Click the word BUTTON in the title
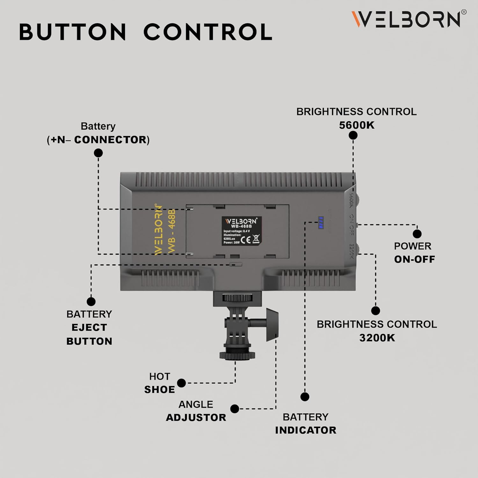(x=73, y=32)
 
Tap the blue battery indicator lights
(x=321, y=223)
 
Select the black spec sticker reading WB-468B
(x=242, y=231)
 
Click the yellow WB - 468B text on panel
(x=172, y=231)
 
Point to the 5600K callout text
(x=357, y=125)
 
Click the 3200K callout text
(x=377, y=338)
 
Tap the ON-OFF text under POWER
(x=414, y=259)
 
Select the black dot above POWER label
(x=417, y=234)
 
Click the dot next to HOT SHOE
(x=181, y=383)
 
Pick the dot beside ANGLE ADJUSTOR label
(x=235, y=409)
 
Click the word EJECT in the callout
(x=89, y=328)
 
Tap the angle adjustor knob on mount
(x=272, y=324)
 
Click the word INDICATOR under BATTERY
(x=306, y=430)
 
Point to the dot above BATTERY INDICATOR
(x=305, y=397)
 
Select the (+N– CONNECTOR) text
(x=98, y=140)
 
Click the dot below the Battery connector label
(x=98, y=153)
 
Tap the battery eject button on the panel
(x=236, y=264)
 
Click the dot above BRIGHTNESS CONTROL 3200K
(x=375, y=311)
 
